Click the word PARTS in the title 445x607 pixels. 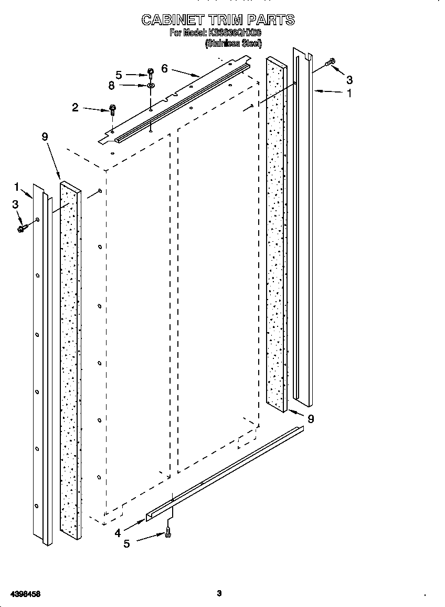tap(271, 20)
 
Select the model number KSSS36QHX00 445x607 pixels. tap(235, 33)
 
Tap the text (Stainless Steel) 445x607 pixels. tap(233, 44)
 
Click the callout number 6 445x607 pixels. tap(164, 68)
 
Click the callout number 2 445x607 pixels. tap(76, 108)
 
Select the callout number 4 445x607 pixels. tap(118, 532)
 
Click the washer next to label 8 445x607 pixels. tap(150, 85)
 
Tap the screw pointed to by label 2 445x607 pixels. tap(112, 109)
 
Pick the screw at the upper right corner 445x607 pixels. tap(330, 62)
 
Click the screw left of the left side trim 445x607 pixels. tap(22, 228)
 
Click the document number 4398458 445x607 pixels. tap(21, 594)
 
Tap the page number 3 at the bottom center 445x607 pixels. tap(219, 593)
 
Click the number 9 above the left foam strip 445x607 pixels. tap(45, 137)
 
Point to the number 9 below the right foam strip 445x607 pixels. tap(311, 419)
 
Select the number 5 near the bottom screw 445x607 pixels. tap(126, 544)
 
